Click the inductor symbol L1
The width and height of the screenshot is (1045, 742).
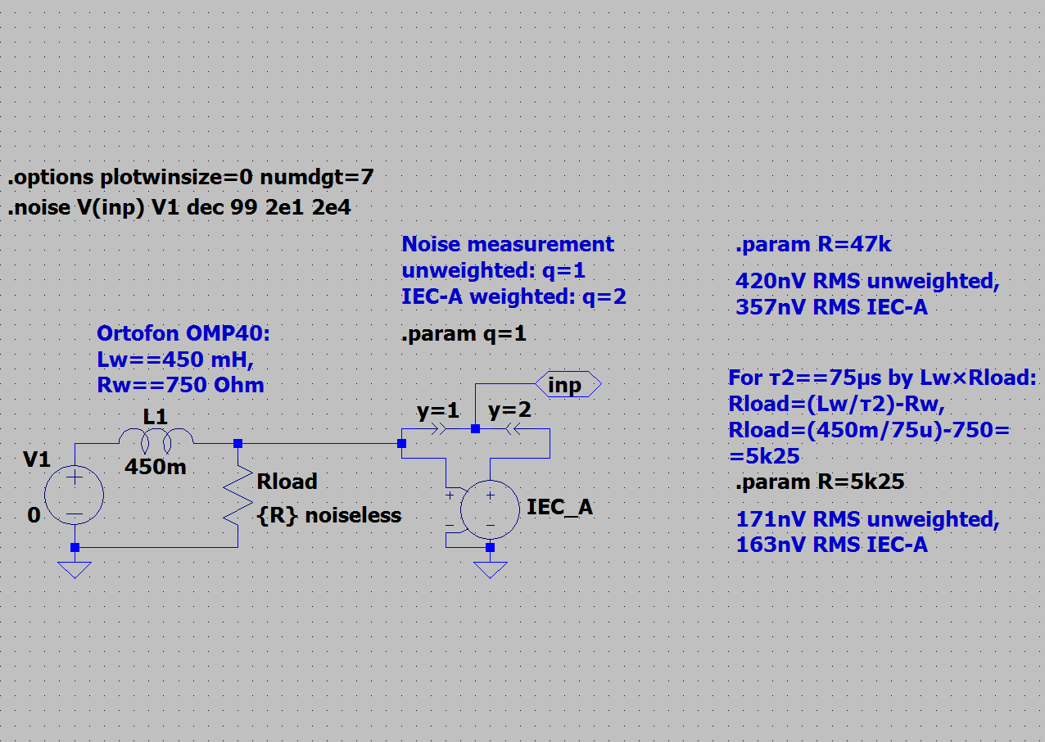click(156, 437)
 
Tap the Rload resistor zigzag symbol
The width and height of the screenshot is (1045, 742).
click(238, 496)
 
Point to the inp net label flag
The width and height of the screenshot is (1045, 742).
click(568, 384)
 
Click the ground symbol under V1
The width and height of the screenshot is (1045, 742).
click(75, 570)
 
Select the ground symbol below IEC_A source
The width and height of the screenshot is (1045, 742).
click(490, 570)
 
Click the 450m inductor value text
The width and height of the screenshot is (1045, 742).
click(156, 467)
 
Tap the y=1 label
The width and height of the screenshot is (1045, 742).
click(437, 410)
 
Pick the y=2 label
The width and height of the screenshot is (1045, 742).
click(509, 409)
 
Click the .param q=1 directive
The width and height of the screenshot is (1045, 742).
click(464, 333)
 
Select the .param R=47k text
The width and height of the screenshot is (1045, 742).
click(813, 244)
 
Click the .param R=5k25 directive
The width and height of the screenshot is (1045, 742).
click(820, 482)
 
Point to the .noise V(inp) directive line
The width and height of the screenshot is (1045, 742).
click(179, 207)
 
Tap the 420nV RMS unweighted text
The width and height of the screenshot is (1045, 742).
click(868, 281)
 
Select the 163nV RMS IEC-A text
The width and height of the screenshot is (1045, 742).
click(832, 545)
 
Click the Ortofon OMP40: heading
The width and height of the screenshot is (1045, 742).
click(183, 333)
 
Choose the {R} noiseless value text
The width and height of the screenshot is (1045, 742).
click(329, 516)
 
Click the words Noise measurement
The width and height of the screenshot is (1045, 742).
click(508, 244)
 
